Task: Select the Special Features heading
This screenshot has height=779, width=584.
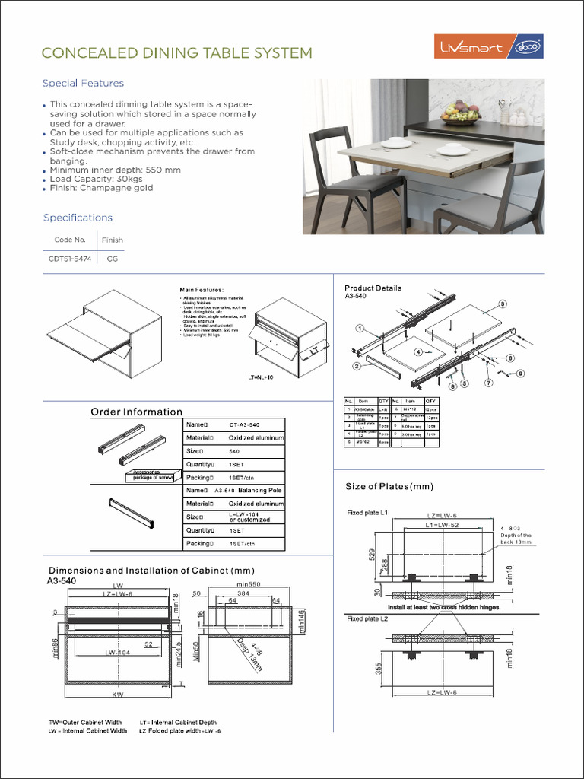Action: [83, 84]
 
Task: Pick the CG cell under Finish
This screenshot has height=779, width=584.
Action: [112, 259]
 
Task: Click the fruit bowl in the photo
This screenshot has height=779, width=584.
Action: [461, 114]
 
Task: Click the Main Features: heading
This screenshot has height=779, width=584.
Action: [202, 290]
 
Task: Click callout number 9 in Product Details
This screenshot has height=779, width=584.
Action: [521, 373]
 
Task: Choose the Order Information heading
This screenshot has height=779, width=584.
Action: [137, 412]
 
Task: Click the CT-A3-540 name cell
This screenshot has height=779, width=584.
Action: [244, 424]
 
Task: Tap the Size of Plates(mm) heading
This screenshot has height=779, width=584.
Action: [389, 486]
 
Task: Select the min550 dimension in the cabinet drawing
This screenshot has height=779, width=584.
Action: [249, 584]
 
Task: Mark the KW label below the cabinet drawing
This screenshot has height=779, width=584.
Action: [117, 695]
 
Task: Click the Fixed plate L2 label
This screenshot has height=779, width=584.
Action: [368, 619]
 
